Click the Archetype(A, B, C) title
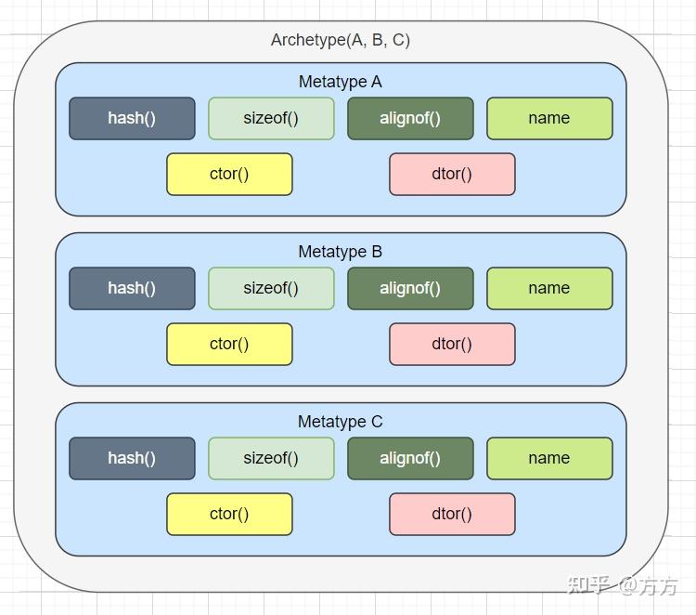340,40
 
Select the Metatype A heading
340,82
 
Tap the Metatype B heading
340,252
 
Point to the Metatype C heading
340,422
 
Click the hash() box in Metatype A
132,118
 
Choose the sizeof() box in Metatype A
271,118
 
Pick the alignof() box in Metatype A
410,118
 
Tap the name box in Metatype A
549,118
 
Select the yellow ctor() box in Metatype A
229,174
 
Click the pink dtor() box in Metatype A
452,174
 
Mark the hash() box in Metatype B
132,288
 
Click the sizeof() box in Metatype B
271,288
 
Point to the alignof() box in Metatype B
410,288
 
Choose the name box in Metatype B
549,288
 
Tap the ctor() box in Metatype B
229,344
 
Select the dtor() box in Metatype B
452,344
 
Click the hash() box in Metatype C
132,458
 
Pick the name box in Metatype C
549,458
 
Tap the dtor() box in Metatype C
452,514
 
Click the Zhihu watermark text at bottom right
622,585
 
